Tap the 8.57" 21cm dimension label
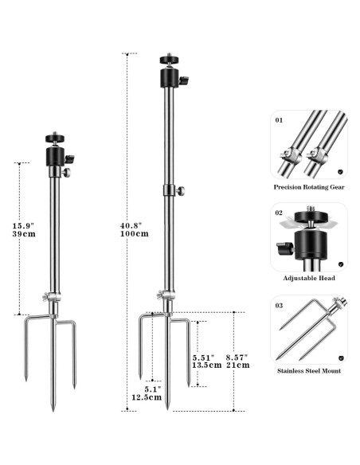click(237, 360)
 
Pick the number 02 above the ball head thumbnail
click(278, 213)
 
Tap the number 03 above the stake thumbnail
click(278, 306)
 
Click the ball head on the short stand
click(55, 149)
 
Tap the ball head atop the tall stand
click(169, 72)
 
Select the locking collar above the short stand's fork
click(52, 298)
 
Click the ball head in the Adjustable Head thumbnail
click(307, 236)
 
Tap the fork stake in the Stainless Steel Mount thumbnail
click(306, 328)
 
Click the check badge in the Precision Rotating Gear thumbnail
click(340, 170)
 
